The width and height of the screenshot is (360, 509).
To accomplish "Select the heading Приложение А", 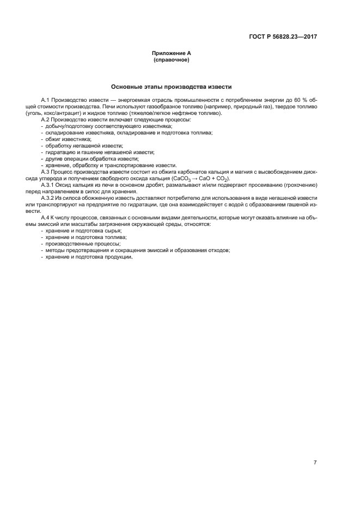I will point(171,53).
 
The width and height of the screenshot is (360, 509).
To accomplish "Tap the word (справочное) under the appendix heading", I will point(171,60).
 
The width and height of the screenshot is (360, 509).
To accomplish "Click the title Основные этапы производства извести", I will point(172,87).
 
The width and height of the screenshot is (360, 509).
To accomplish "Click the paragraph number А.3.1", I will point(50,185).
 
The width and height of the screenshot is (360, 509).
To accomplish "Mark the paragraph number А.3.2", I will point(50,198).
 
